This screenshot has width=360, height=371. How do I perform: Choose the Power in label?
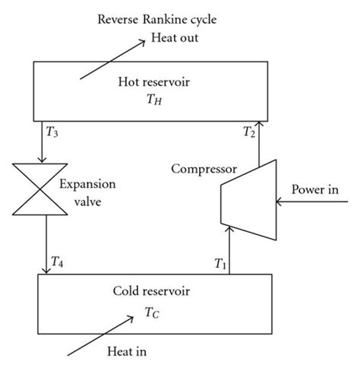tap(320, 187)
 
